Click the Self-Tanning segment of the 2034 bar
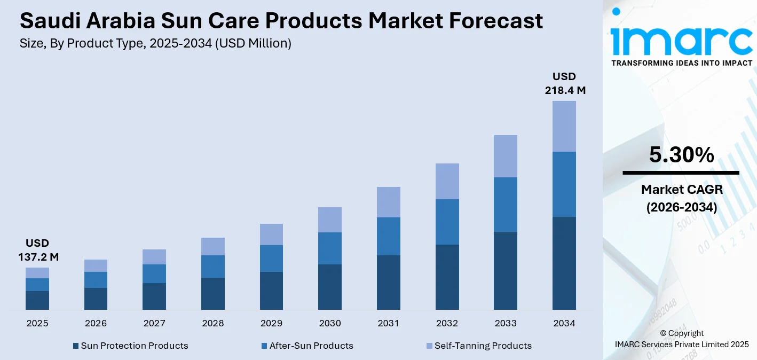564,126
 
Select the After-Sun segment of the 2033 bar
505,204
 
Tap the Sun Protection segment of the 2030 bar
329,287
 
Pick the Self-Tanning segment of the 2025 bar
37,272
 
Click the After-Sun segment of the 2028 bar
212,266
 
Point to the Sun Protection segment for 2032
447,277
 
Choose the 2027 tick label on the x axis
154,323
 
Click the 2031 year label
388,323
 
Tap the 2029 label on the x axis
271,323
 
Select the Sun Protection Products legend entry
130,346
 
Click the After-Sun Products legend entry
307,346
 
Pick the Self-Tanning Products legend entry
478,346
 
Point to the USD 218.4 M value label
564,83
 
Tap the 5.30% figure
681,155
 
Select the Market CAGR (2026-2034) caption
681,198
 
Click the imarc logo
681,36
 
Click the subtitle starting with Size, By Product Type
155,44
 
